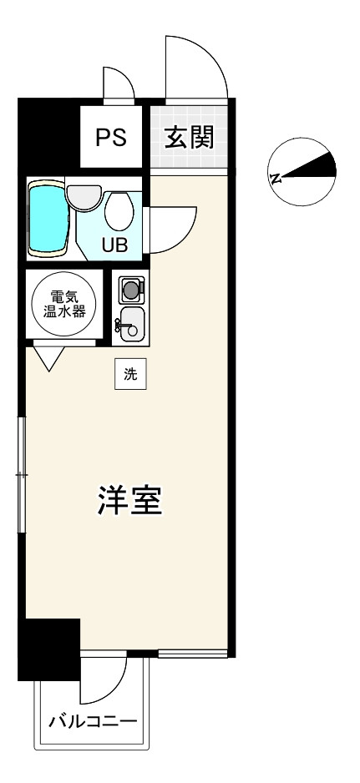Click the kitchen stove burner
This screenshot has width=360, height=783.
[130, 290]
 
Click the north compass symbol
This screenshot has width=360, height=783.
[302, 171]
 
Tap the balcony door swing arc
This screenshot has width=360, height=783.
[104, 680]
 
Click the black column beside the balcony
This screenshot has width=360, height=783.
[49, 649]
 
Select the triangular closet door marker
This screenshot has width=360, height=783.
[46, 359]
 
